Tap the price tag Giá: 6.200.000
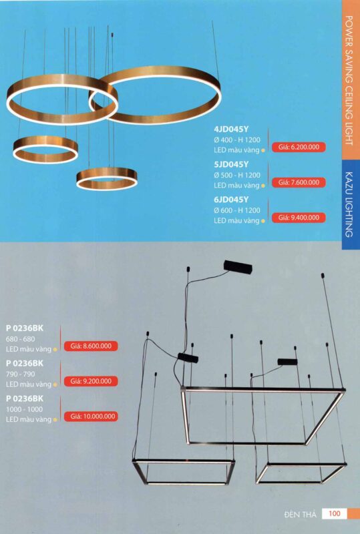pos(299,147)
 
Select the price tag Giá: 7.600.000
pos(299,182)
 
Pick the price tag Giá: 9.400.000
pos(299,218)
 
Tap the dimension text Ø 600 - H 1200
pos(237,210)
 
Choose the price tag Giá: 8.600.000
pos(91,346)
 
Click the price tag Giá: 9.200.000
pos(91,381)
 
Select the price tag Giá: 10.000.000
pos(91,416)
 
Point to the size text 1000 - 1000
pos(24,409)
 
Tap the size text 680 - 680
pos(20,339)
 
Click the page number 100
pos(335,513)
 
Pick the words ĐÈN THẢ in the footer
pos(300,514)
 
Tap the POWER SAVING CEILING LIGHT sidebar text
pos(349,80)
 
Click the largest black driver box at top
pos(238,267)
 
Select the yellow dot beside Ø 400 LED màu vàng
pos(263,151)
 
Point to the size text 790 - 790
pos(20,374)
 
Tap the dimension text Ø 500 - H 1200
pos(237,176)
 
